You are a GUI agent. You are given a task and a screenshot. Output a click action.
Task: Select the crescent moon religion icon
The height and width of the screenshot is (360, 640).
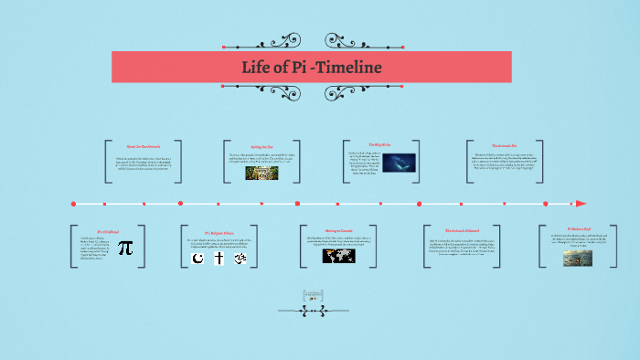(x=196, y=259)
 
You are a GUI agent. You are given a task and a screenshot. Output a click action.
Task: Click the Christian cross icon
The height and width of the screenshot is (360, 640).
(x=219, y=259)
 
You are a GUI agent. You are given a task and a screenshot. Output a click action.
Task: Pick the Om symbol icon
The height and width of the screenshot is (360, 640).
(x=241, y=259)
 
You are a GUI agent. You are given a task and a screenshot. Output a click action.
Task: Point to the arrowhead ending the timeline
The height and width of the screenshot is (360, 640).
(x=581, y=203)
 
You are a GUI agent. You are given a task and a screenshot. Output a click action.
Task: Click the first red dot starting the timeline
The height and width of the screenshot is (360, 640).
(x=73, y=203)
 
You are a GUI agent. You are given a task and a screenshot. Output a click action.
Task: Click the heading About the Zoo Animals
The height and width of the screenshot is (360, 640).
(x=142, y=146)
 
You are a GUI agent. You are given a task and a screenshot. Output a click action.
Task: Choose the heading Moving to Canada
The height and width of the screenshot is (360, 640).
(x=339, y=230)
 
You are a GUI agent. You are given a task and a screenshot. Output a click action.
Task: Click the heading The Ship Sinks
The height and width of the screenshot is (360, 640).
(x=379, y=145)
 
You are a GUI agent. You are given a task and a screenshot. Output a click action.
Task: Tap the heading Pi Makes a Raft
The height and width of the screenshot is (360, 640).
(x=581, y=229)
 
